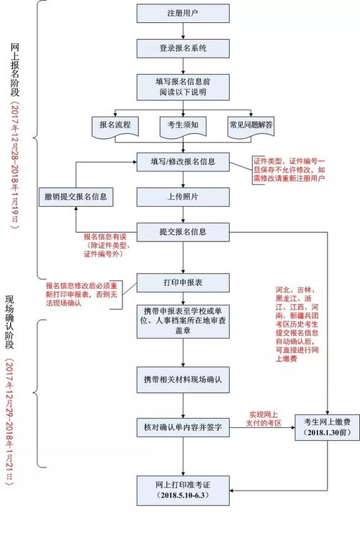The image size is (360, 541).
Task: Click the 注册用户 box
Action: point(182,14)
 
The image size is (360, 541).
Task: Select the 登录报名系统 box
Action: point(182,48)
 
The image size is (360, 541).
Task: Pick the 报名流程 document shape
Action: point(114,125)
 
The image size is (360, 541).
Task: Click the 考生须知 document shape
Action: point(182,125)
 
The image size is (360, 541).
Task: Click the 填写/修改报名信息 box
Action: point(182,161)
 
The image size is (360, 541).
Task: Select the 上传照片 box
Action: point(182,196)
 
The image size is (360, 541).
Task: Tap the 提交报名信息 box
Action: point(182,232)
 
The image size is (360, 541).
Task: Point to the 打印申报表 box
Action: point(182,281)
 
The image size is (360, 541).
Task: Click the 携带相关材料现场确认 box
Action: point(182,377)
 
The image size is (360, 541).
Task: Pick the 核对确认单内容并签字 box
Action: point(182,428)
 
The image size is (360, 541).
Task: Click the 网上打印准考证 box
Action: point(182,491)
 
